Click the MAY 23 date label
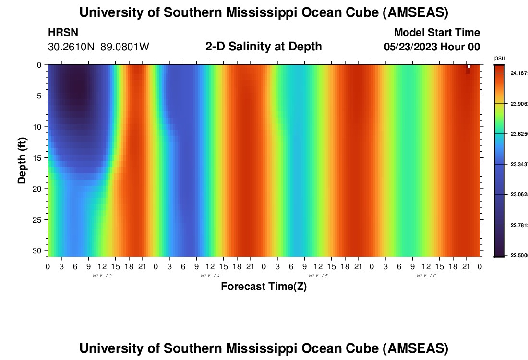tap(102, 276)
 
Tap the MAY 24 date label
tap(210, 276)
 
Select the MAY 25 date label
tap(318, 276)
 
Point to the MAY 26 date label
tap(426, 276)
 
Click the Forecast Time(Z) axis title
tap(264, 287)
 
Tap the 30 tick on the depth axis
tap(37, 251)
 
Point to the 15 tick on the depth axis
tap(37, 157)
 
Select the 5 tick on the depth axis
tap(39, 96)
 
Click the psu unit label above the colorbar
tap(500, 58)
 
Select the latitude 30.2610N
tap(72, 47)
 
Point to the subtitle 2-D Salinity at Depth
tap(264, 47)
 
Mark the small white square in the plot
tap(468, 66)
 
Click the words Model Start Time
tap(437, 33)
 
